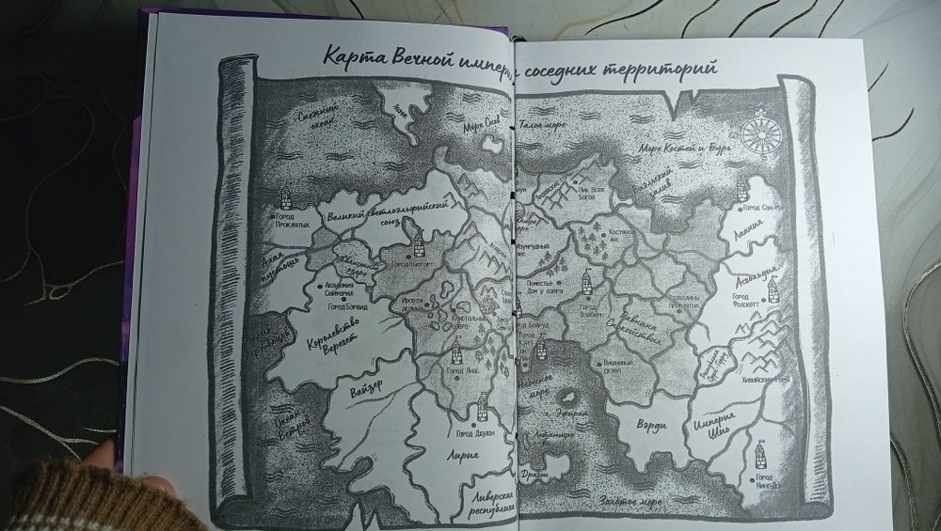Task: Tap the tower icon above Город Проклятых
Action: pos(287,195)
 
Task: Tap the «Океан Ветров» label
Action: pos(288,417)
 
